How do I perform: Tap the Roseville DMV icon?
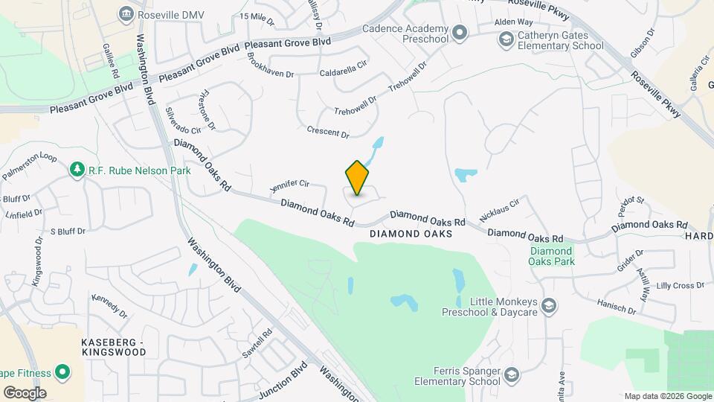[x=126, y=13]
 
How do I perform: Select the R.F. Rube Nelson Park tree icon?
[x=77, y=170]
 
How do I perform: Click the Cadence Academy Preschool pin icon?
[x=460, y=31]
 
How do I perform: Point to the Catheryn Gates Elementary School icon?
[x=506, y=40]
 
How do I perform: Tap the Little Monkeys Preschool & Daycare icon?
[x=548, y=305]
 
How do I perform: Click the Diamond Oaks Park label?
[x=552, y=256]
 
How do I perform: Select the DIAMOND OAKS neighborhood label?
[x=411, y=234]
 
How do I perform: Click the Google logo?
[x=25, y=392]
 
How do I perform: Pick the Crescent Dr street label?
[x=328, y=132]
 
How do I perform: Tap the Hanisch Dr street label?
[x=617, y=305]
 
